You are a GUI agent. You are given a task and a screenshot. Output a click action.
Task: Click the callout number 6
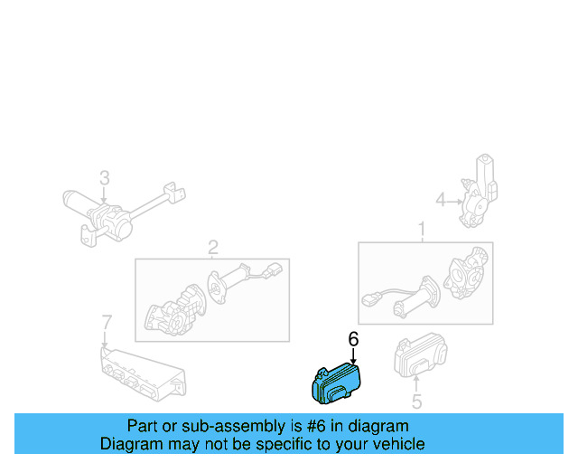point(353,339)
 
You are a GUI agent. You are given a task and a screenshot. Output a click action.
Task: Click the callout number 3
point(104,177)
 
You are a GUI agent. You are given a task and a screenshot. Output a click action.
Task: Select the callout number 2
point(213,247)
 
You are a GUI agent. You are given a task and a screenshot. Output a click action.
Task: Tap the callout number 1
point(421,230)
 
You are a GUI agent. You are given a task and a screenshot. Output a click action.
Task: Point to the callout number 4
point(441,199)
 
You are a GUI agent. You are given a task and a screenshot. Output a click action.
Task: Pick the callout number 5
point(416,403)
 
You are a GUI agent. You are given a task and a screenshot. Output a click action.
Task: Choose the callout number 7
point(106,322)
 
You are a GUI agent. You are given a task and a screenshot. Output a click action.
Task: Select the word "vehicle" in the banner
point(397,444)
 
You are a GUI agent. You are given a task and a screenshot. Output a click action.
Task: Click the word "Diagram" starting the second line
point(132,444)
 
